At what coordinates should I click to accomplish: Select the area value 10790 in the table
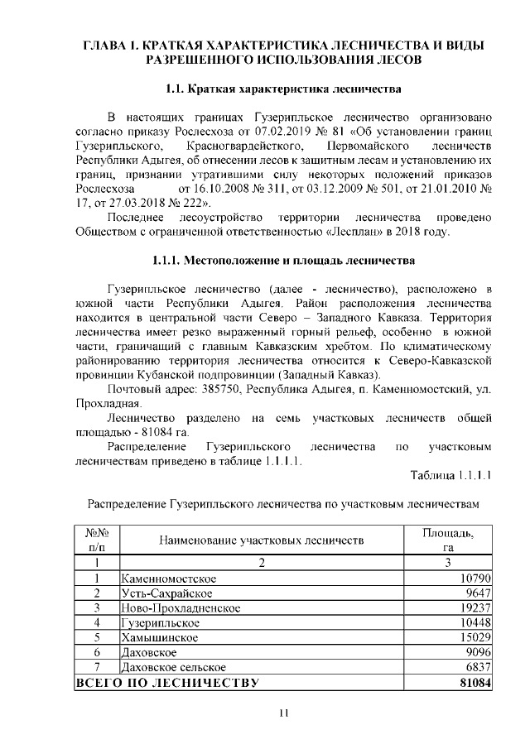click(x=476, y=578)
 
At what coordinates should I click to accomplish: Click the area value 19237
click(x=476, y=607)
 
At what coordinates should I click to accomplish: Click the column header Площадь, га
click(x=448, y=540)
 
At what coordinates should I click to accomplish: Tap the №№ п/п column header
click(x=98, y=540)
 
